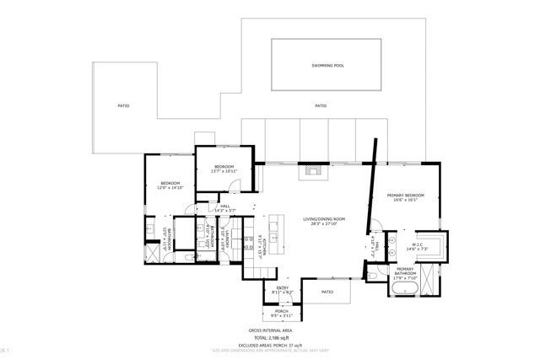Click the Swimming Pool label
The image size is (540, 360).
tap(327, 66)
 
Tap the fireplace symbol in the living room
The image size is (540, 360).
tap(315, 169)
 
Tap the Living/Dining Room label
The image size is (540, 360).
tap(325, 222)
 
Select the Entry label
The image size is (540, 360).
tap(283, 290)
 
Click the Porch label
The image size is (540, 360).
tap(282, 313)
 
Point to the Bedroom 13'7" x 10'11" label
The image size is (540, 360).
tap(224, 169)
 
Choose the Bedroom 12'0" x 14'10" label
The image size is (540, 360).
tap(170, 185)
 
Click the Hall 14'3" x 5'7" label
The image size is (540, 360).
tap(224, 208)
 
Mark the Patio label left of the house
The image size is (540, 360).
tap(123, 106)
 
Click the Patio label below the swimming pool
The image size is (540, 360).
tap(321, 106)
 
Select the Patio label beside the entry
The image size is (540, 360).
tap(327, 292)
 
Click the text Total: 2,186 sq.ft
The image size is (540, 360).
tap(270, 337)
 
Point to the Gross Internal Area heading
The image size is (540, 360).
tap(270, 330)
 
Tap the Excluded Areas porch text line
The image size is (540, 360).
tap(270, 345)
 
